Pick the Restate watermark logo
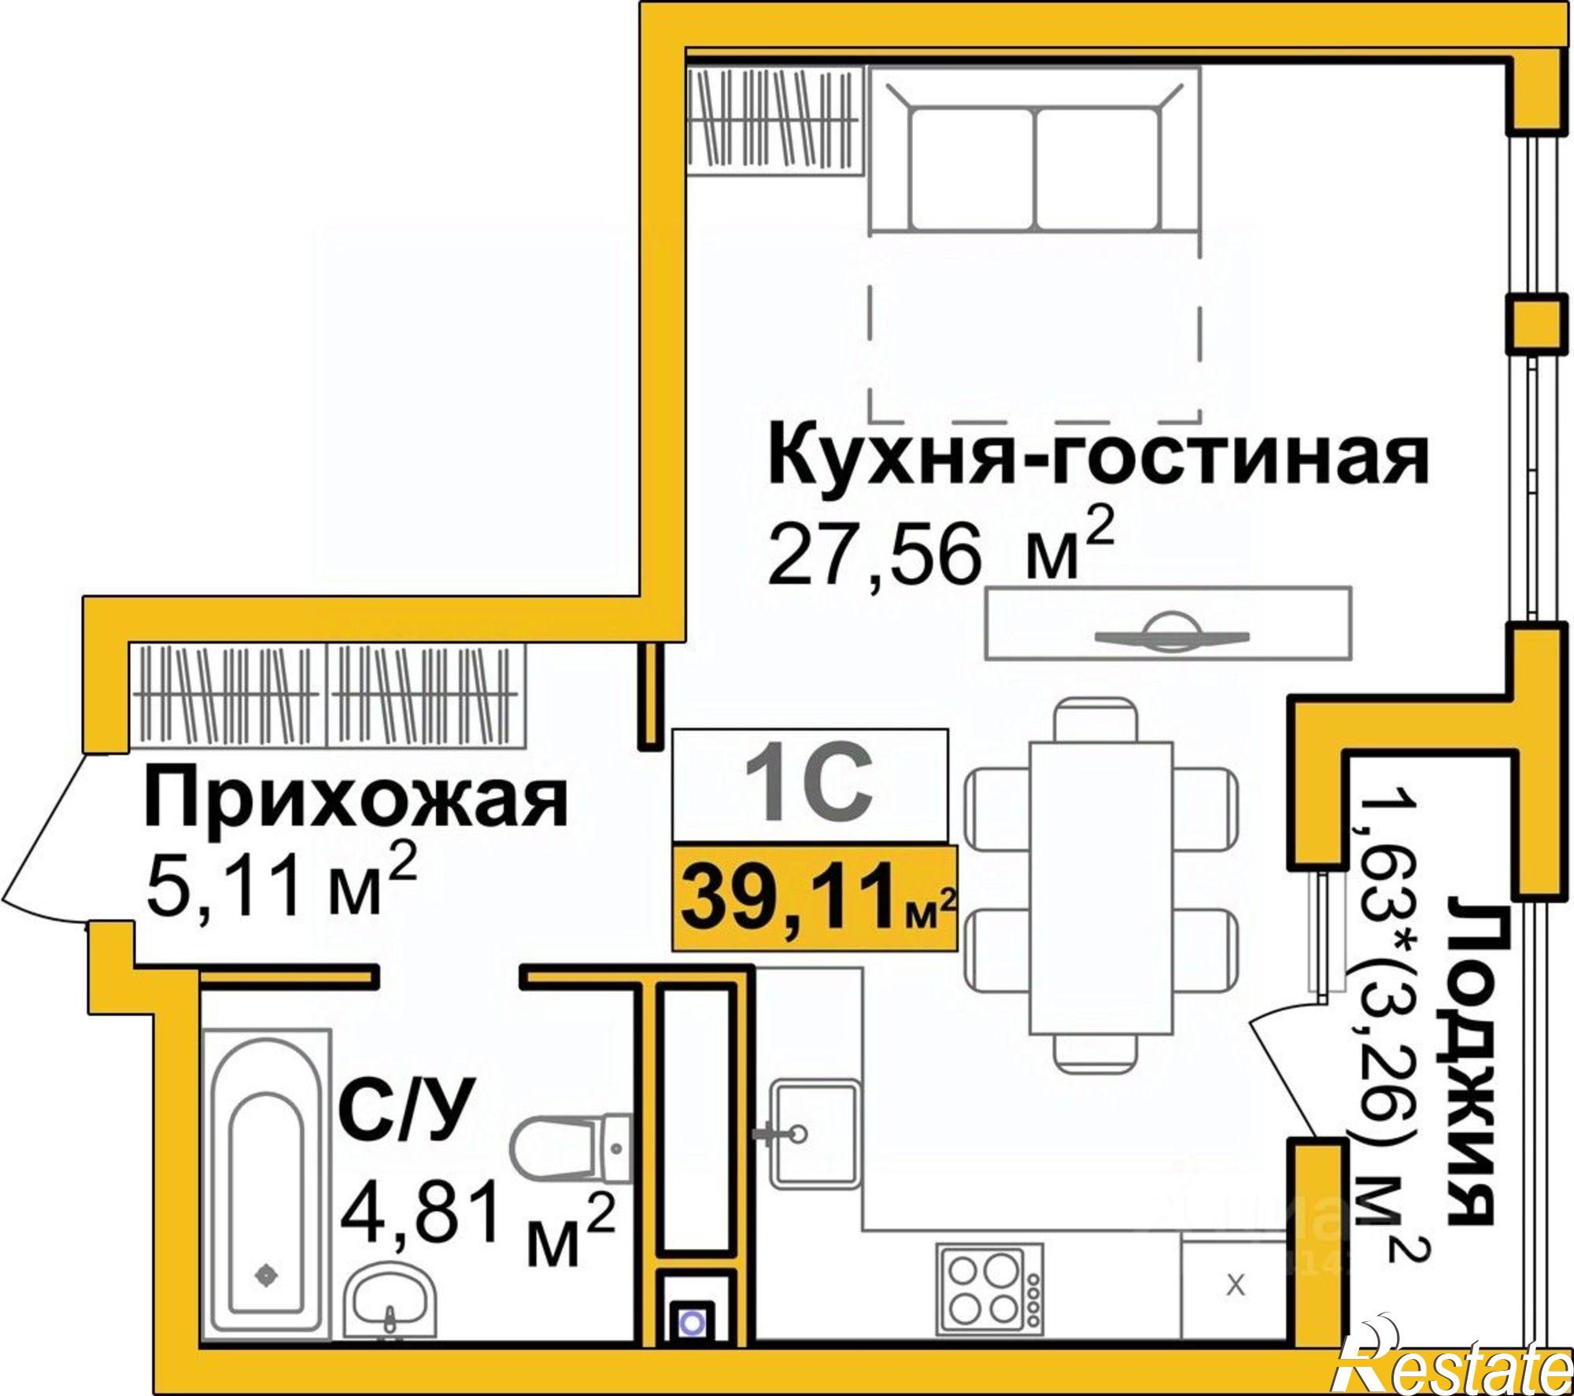[1456, 1361]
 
